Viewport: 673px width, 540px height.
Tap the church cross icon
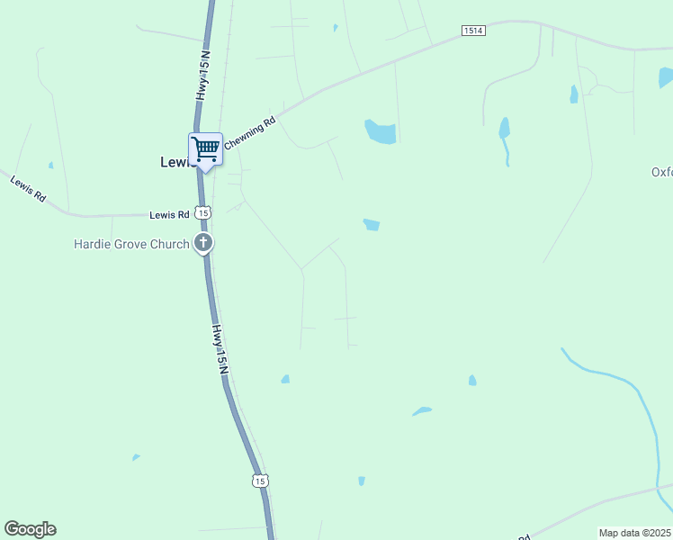coord(204,242)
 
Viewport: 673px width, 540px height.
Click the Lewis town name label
coord(176,162)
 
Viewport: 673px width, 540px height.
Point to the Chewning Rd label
coord(249,131)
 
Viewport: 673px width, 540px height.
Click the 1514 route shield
coord(473,31)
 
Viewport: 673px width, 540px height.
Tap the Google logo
coord(30,529)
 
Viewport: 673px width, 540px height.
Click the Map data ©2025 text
coord(635,533)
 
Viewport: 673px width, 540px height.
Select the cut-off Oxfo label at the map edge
coord(661,172)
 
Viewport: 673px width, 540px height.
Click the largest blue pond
coord(381,132)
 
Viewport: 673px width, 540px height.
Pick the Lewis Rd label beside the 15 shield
coord(169,214)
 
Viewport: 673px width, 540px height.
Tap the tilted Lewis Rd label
coord(28,188)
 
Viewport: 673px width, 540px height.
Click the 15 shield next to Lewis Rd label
coord(204,213)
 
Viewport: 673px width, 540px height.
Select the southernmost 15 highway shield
coord(260,481)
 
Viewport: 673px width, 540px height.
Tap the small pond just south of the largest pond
coord(371,224)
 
